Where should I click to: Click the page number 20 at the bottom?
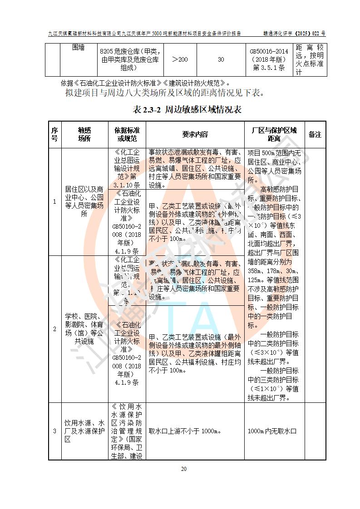(x=184, y=469)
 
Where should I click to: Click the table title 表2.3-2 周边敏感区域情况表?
(x=187, y=110)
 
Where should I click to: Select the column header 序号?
(x=54, y=134)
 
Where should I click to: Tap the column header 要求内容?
(x=195, y=134)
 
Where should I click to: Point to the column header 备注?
(x=315, y=134)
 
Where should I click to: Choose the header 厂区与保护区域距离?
(x=274, y=134)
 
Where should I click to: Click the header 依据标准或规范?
(x=127, y=134)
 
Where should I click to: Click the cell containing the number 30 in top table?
(x=221, y=59)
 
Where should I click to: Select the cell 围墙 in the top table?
(x=79, y=48)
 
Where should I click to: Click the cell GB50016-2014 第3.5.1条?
(x=269, y=59)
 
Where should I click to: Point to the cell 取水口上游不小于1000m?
(x=185, y=431)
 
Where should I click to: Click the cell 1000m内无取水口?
(x=272, y=431)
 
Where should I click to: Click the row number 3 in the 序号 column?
(x=54, y=431)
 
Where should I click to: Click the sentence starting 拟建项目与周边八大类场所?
(x=164, y=94)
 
